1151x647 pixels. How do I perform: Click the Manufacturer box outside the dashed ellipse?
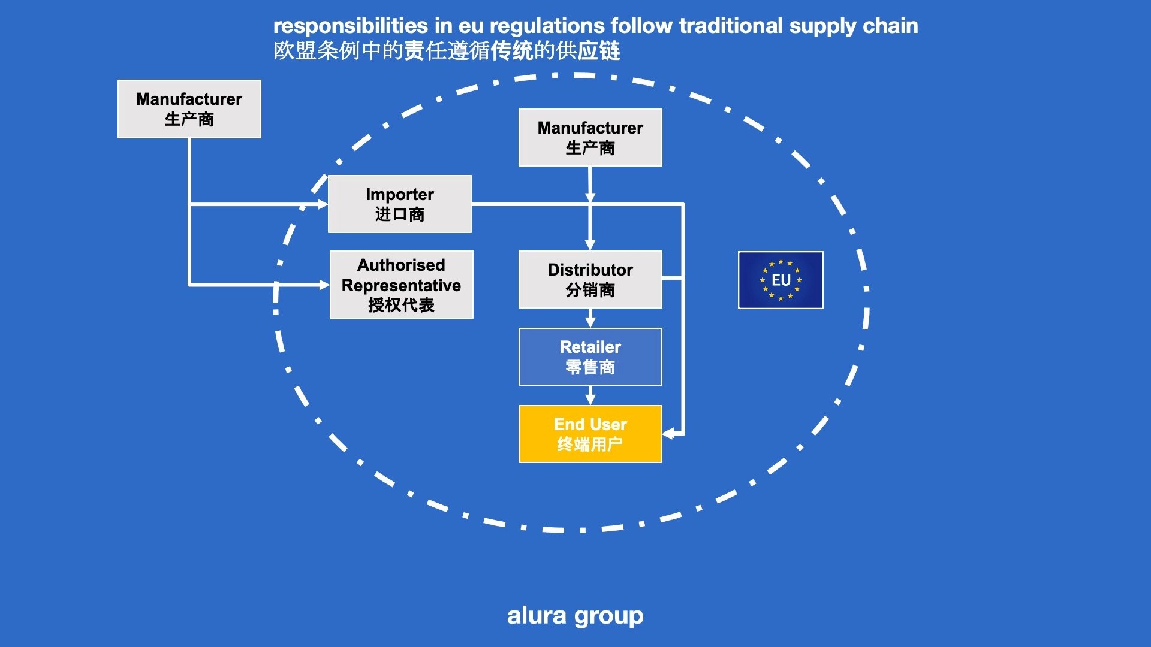click(189, 109)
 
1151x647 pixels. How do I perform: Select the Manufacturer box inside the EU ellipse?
click(590, 137)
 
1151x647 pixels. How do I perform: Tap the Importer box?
click(399, 204)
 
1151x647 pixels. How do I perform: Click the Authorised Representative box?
click(401, 285)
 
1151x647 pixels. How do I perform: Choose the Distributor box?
click(590, 279)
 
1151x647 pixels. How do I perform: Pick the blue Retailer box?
click(590, 356)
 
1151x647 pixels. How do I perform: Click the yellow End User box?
click(590, 434)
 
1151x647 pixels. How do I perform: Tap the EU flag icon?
click(781, 280)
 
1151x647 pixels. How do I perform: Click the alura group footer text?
click(575, 615)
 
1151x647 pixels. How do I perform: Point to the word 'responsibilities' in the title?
click(351, 26)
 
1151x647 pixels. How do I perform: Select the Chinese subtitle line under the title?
click(447, 51)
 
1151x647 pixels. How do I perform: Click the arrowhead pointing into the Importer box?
click(323, 204)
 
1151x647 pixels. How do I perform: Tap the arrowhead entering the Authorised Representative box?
click(324, 285)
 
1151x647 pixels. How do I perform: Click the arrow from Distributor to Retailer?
click(590, 318)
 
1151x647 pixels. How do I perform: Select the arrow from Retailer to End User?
click(590, 395)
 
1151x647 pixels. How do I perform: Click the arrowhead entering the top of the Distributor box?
click(590, 244)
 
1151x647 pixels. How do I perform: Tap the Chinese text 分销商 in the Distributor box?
click(590, 290)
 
